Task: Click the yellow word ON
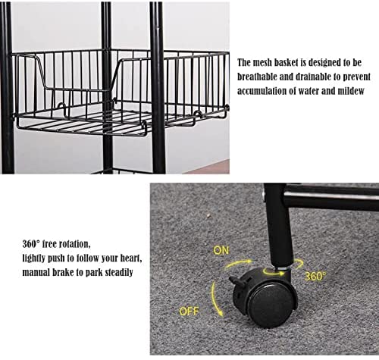click(221, 250)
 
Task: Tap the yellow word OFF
click(189, 311)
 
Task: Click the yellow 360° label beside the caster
click(315, 277)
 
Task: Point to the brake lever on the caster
click(236, 281)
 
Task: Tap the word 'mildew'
click(351, 91)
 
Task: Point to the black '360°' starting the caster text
click(31, 244)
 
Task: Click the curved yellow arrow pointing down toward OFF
click(215, 299)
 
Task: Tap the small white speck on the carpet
click(208, 215)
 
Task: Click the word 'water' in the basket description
click(309, 91)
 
